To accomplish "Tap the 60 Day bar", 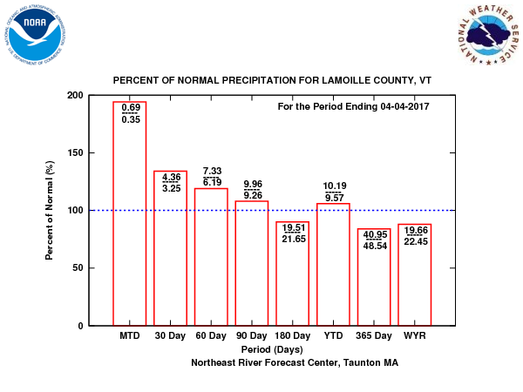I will tap(211, 261).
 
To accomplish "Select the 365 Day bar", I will tap(374, 287).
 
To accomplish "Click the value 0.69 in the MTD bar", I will tap(130, 106).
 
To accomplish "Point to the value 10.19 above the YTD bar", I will tap(333, 186).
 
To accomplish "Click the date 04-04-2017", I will tap(404, 107).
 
